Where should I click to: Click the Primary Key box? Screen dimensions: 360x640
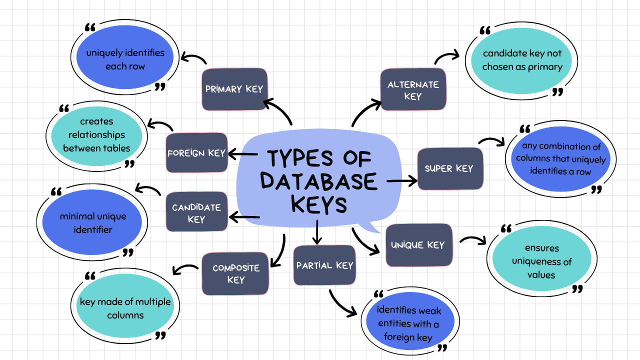234,89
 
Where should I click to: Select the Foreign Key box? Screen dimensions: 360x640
196,153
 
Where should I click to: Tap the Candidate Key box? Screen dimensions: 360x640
196,212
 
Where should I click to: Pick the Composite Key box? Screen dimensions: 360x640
235,273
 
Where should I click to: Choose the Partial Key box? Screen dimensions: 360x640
324,265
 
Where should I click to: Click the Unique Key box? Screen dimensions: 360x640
419,245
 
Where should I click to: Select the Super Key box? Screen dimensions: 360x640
450,168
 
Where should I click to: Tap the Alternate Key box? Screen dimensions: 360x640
413,89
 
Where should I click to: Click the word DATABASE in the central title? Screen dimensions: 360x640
319,181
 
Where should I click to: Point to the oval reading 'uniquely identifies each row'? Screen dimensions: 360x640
125,59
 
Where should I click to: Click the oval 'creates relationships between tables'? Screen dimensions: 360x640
96,135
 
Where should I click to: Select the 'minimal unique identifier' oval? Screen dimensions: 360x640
92,223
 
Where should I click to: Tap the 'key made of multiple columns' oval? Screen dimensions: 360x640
125,308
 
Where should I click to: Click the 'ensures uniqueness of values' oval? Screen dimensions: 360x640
541,261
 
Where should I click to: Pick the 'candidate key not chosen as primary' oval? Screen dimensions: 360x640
522,60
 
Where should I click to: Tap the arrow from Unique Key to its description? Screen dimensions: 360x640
472,240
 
